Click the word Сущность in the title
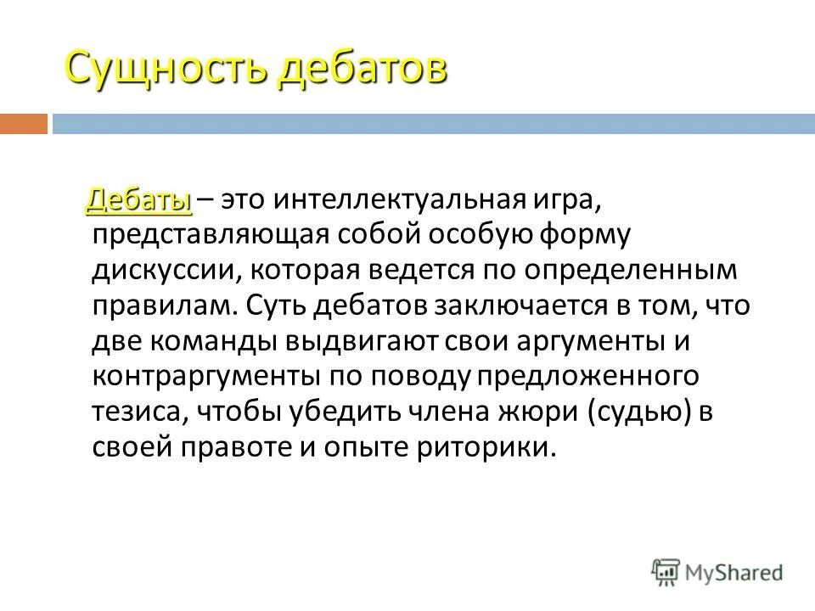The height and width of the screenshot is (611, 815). tap(166, 68)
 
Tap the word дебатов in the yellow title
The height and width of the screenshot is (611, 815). tap(360, 68)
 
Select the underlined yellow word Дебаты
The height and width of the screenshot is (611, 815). tap(138, 200)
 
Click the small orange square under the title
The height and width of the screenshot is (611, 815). tap(23, 124)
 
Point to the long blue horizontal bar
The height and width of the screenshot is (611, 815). tap(433, 124)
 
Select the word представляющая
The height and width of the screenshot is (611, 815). tap(199, 236)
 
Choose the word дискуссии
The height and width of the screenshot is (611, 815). tap(157, 270)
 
